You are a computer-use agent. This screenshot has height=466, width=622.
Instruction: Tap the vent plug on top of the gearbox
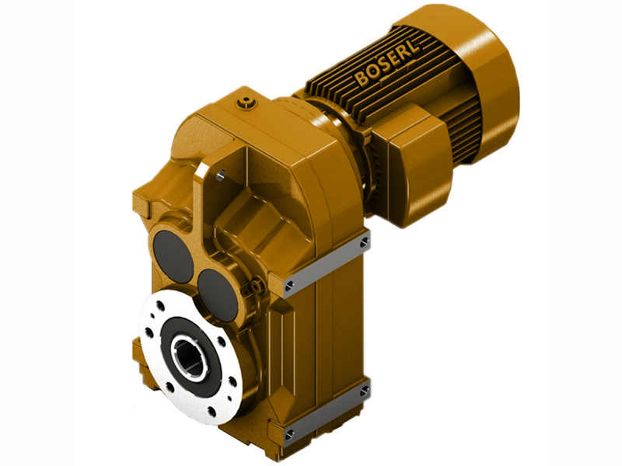click(x=247, y=100)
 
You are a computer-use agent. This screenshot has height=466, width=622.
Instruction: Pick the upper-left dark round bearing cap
click(x=173, y=255)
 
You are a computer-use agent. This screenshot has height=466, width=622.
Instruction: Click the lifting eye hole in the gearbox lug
click(x=222, y=177)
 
